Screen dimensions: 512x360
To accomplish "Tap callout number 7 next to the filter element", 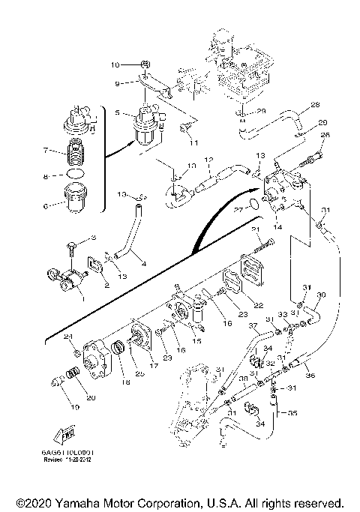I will click(x=45, y=151).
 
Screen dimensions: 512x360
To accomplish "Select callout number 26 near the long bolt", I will click(x=325, y=135).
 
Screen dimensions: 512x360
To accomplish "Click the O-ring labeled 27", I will click(x=255, y=203).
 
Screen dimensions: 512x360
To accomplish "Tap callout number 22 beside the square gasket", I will click(x=258, y=304).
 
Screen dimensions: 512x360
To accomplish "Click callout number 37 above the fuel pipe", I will click(x=253, y=326).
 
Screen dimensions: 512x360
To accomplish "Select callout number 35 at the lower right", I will click(x=292, y=412).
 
